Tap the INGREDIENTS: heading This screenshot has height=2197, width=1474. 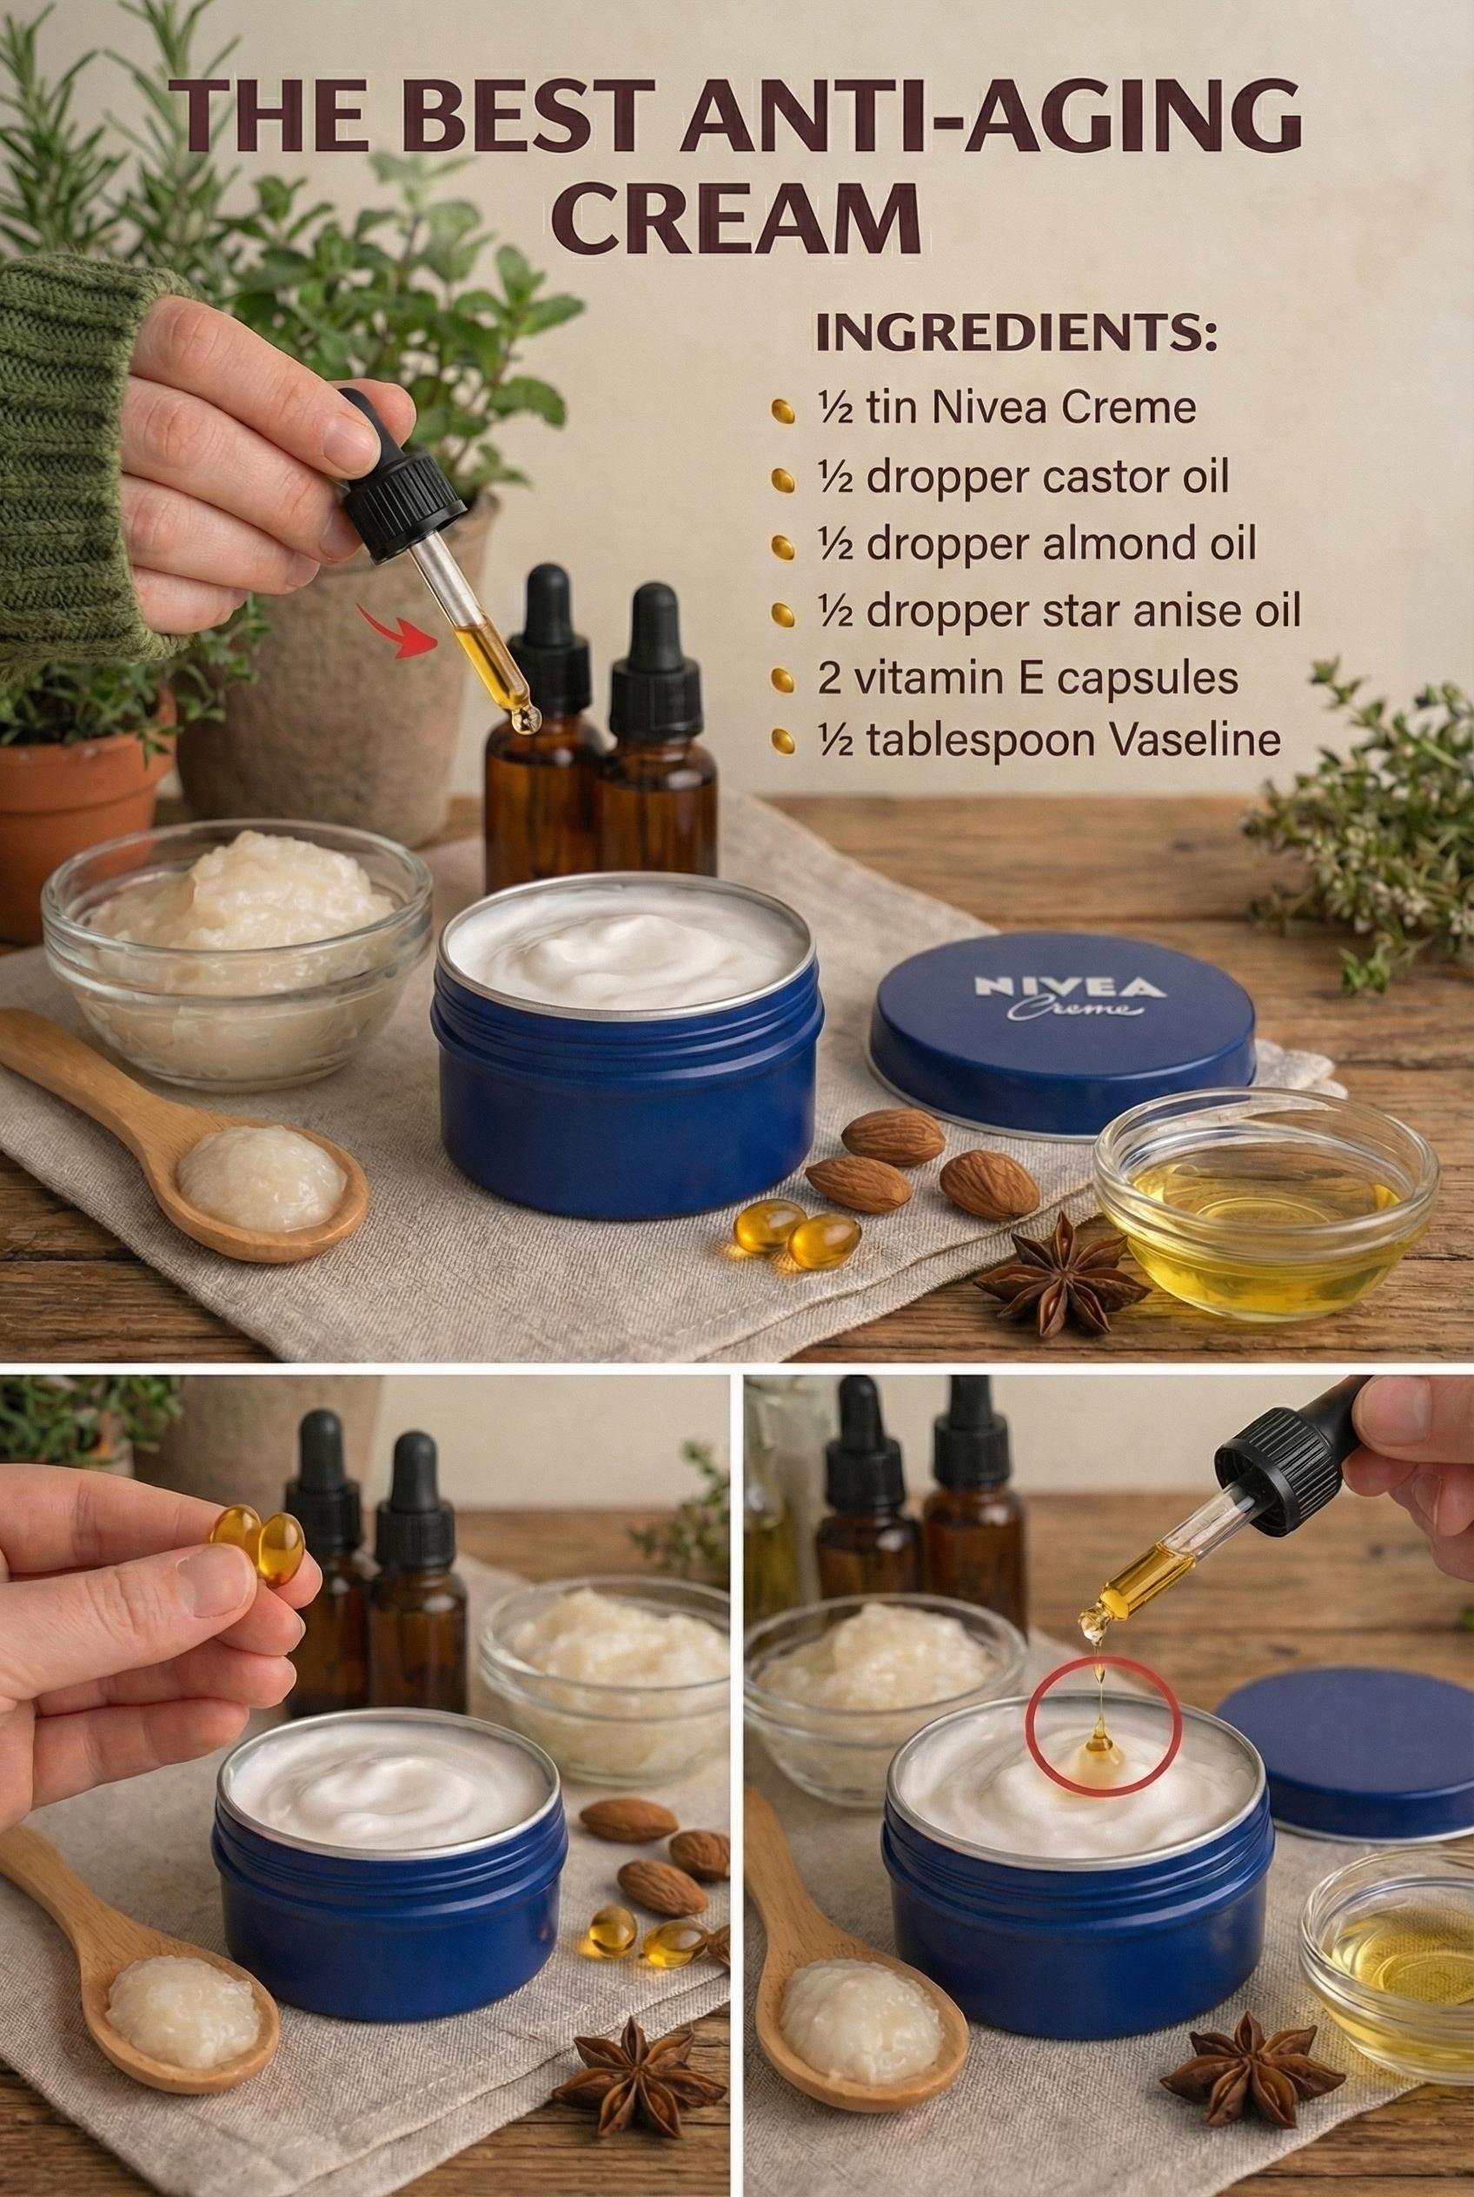1016,336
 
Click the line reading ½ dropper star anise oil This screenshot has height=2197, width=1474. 1059,611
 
